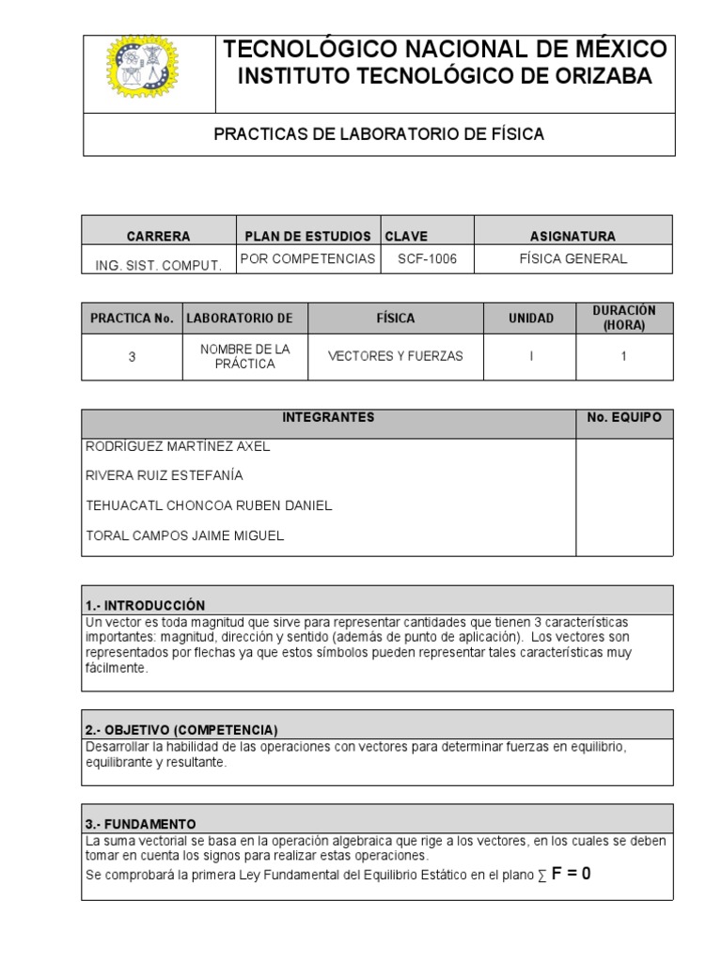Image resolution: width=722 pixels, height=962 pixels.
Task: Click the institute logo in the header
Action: (x=142, y=74)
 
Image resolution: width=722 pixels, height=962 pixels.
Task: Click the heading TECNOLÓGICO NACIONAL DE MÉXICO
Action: (x=444, y=50)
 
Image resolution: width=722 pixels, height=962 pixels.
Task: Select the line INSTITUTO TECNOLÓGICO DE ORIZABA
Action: (x=444, y=77)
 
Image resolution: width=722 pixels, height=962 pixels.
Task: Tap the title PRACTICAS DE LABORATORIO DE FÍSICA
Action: (x=379, y=134)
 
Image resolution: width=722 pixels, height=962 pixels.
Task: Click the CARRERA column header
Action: (x=158, y=236)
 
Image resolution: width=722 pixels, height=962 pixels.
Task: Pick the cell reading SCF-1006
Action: (x=427, y=258)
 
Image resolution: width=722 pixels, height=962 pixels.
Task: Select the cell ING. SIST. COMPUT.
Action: (x=158, y=265)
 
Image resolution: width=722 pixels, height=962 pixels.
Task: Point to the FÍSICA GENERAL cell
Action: (x=573, y=258)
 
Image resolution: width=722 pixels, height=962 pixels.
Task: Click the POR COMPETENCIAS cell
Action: (x=308, y=258)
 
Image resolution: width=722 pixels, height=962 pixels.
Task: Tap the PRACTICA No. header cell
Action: (x=132, y=318)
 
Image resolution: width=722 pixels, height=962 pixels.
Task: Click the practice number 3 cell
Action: (x=132, y=357)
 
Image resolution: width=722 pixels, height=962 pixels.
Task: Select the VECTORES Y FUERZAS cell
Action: (x=395, y=357)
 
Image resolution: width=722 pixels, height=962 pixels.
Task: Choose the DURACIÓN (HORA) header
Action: (x=624, y=318)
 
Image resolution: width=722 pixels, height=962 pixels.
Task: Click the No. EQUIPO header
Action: (x=624, y=417)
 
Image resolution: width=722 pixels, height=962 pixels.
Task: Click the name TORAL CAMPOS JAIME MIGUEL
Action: (x=184, y=535)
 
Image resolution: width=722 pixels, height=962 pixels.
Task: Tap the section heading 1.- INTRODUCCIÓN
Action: (x=145, y=605)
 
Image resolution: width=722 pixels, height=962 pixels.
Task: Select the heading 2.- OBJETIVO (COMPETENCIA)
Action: (x=180, y=730)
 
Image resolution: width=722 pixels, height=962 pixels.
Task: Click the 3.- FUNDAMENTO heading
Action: (x=140, y=822)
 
